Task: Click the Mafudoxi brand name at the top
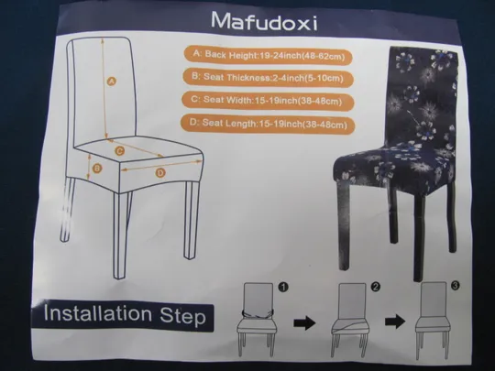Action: coord(264,21)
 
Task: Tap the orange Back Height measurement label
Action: coord(268,56)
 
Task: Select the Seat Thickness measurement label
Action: coord(268,78)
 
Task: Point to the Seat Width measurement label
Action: coord(268,101)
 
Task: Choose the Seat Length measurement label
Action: coord(268,124)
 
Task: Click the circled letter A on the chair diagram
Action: coord(111,82)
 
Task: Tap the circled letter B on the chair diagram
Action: coord(97,169)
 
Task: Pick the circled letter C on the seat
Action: coord(119,151)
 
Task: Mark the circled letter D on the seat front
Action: coord(160,173)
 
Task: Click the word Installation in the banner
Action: coord(98,313)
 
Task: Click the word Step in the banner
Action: coord(182,316)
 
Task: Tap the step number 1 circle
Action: coord(283,287)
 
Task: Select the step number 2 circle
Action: coord(376,287)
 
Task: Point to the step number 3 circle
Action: coord(455,286)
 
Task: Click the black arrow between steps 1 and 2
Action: coord(304,322)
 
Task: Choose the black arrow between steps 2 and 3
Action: coord(395,322)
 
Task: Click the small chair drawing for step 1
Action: coord(257,319)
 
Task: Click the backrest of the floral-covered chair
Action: coord(423,94)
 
